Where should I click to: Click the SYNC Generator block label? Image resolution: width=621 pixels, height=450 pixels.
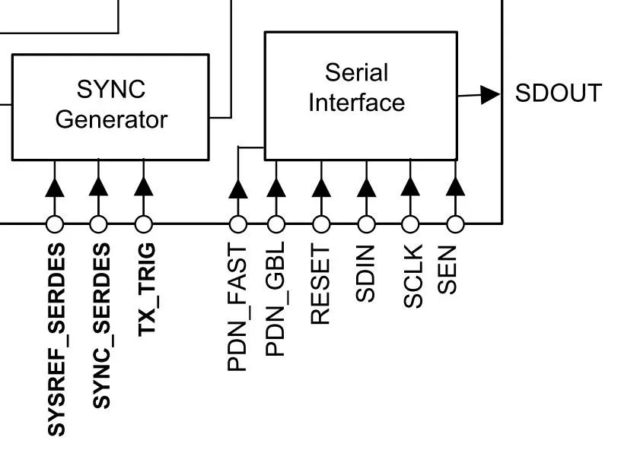click(x=110, y=105)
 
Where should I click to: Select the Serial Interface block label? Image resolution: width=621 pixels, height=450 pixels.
click(x=356, y=87)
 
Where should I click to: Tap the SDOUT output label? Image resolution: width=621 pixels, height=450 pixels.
click(x=558, y=93)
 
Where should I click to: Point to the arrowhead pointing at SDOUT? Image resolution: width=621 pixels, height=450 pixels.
click(x=491, y=94)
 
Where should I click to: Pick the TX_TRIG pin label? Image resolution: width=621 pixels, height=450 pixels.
click(x=146, y=290)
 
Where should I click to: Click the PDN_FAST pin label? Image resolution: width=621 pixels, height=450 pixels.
click(x=238, y=307)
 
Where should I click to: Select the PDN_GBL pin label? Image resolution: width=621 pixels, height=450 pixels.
click(x=275, y=299)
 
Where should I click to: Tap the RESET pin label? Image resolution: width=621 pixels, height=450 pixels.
click(x=320, y=284)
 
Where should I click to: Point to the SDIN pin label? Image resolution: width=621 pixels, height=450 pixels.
click(x=365, y=274)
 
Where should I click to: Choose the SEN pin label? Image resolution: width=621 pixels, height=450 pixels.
click(x=448, y=269)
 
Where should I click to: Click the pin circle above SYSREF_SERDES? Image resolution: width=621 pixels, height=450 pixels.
click(x=54, y=224)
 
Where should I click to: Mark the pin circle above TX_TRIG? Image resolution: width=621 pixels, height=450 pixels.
click(x=143, y=224)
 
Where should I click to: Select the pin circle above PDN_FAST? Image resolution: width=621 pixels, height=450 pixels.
click(x=238, y=224)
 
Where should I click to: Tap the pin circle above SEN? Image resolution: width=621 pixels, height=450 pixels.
click(x=455, y=224)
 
